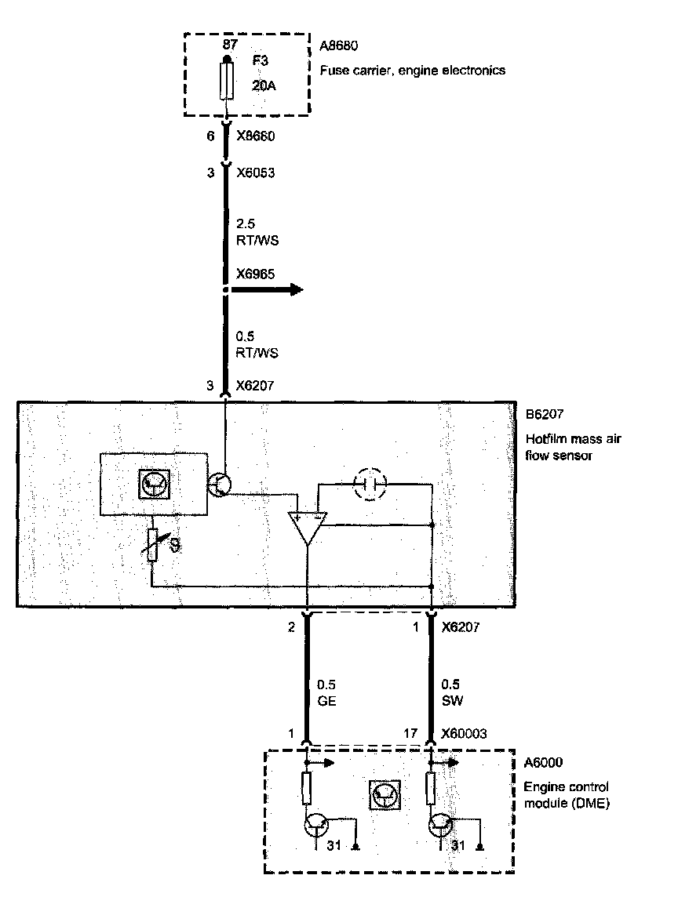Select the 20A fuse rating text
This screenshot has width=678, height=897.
[264, 86]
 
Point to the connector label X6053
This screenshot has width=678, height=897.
[257, 172]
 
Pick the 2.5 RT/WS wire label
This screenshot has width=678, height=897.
[257, 232]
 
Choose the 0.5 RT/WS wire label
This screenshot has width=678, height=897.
[257, 344]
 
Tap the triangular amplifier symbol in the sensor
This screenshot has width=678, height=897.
[307, 527]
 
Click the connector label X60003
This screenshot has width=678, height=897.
[464, 734]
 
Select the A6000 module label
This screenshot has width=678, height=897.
[543, 761]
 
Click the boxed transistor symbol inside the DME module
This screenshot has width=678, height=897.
[385, 797]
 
